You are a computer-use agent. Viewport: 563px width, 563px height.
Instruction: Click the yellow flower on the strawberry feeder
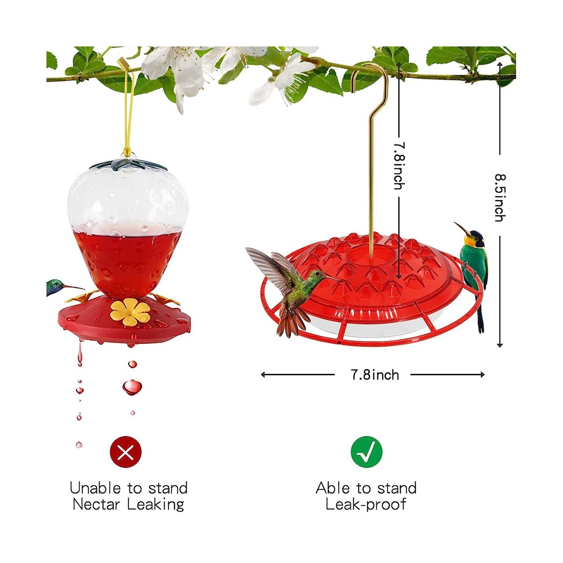[x=124, y=310]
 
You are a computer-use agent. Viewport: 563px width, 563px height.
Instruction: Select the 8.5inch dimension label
[x=500, y=197]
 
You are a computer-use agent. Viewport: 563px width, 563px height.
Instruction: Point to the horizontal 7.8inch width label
[x=375, y=374]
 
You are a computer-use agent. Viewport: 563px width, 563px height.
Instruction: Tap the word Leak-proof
[x=366, y=504]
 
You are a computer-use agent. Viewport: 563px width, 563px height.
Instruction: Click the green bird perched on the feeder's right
[x=474, y=263]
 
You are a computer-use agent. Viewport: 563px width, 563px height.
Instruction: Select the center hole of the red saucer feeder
[x=363, y=256]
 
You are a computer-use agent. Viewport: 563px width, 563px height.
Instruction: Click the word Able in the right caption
[x=333, y=488]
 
